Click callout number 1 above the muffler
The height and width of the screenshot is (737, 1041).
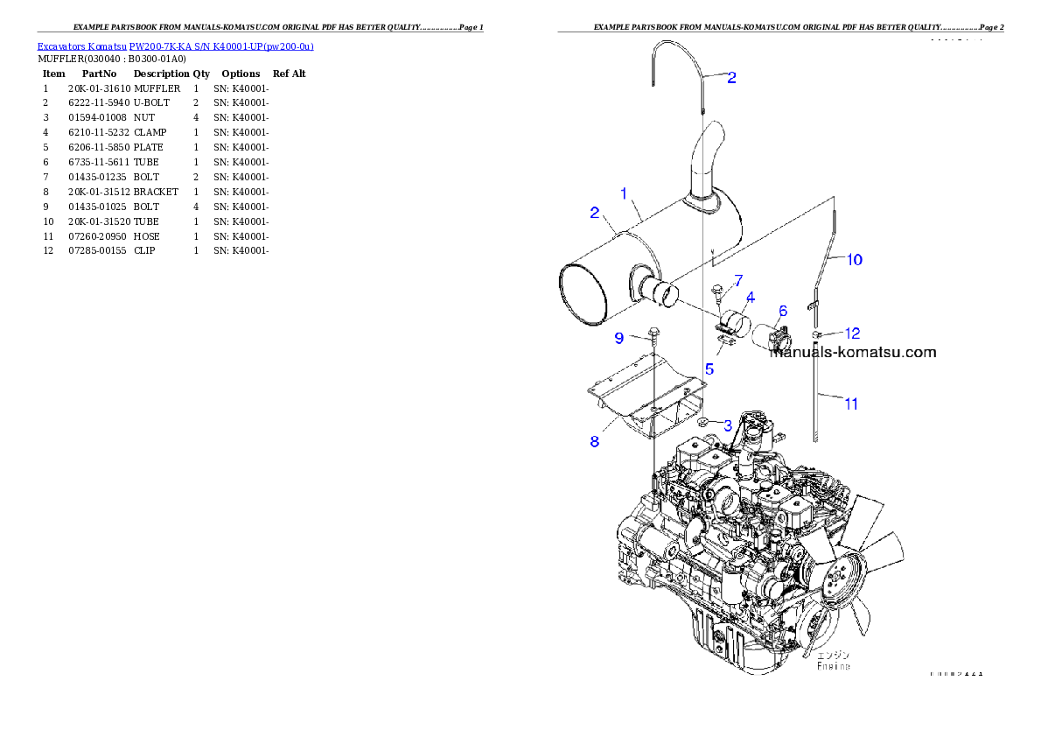pyautogui.click(x=624, y=193)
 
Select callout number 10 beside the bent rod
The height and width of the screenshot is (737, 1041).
pyautogui.click(x=854, y=259)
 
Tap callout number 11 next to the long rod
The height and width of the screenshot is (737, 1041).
pyautogui.click(x=850, y=404)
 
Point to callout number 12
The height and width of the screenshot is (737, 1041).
pyautogui.click(x=852, y=333)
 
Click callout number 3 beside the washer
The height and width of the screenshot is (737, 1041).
pyautogui.click(x=727, y=425)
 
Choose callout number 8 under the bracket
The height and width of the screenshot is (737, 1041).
pyautogui.click(x=595, y=442)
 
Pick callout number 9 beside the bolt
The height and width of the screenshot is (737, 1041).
pyautogui.click(x=618, y=338)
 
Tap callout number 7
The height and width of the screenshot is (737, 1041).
pyautogui.click(x=738, y=280)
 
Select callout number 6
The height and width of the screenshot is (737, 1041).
pyautogui.click(x=782, y=311)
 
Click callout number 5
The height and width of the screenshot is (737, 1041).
pyautogui.click(x=709, y=369)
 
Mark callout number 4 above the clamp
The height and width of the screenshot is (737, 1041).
pyautogui.click(x=750, y=298)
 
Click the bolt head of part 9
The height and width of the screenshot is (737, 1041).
pyautogui.click(x=653, y=333)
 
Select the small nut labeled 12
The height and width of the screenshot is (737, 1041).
pyautogui.click(x=815, y=334)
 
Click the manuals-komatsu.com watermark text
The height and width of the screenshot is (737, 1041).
pyautogui.click(x=853, y=353)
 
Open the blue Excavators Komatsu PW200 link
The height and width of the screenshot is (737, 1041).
pyautogui.click(x=175, y=46)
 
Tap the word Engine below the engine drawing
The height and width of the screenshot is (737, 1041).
pyautogui.click(x=834, y=666)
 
